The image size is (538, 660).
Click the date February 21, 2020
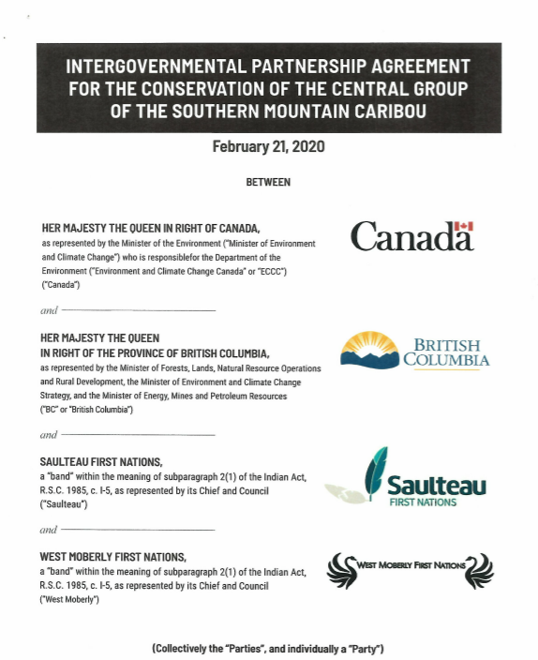[268, 147]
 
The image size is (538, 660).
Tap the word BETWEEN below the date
[268, 182]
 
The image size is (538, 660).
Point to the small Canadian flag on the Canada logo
[464, 226]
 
